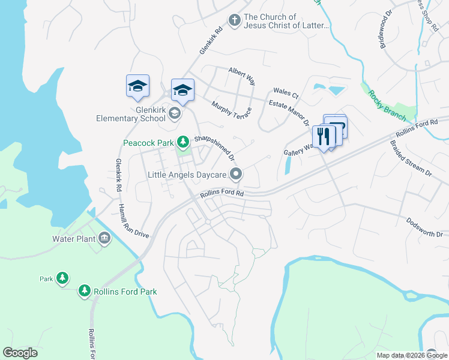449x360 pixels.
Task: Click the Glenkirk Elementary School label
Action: (131, 113)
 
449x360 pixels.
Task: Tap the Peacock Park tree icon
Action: (182, 142)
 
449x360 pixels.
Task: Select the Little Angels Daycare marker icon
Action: (237, 175)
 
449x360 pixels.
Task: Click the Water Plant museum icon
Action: (105, 238)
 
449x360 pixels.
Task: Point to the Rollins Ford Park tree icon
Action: (85, 292)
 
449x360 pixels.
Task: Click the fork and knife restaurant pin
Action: (324, 137)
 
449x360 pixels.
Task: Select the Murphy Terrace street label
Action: (231, 109)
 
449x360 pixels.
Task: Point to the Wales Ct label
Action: (286, 93)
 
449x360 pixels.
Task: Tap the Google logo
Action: (20, 353)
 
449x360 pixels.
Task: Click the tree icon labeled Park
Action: (62, 278)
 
